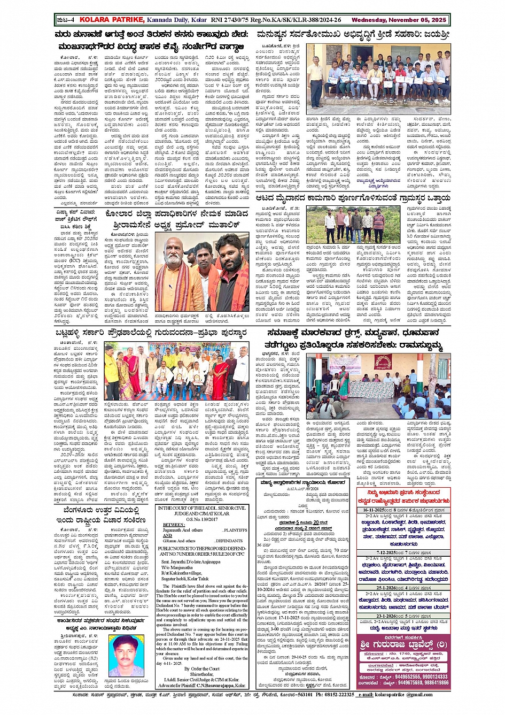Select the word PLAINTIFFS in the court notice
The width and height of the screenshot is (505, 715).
point(235,530)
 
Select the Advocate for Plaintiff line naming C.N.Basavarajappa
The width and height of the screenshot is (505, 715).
point(202,686)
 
